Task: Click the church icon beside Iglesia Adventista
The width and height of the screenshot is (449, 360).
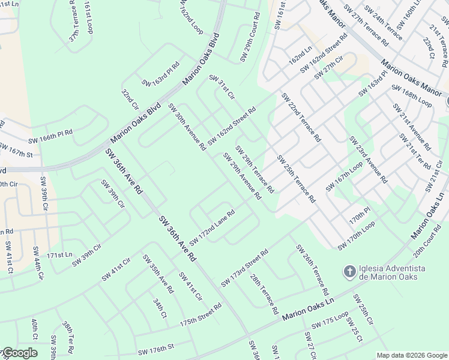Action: coord(348,272)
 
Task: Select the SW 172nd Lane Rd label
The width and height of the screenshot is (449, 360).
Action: coord(211,227)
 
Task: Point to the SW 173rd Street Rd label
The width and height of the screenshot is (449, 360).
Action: coord(244,269)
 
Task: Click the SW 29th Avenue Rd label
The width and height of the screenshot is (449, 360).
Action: coord(242,176)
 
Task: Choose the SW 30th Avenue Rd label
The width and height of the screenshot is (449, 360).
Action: coord(187,127)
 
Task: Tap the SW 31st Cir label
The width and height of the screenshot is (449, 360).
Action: coord(221,87)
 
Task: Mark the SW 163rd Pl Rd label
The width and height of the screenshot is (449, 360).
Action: coord(160,74)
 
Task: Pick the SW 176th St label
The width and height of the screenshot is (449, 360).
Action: coord(155,347)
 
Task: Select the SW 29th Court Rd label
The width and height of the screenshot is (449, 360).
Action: coord(250,37)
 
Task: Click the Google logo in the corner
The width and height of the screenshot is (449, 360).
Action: coord(19,353)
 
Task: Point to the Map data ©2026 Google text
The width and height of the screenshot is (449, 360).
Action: coord(411,355)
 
